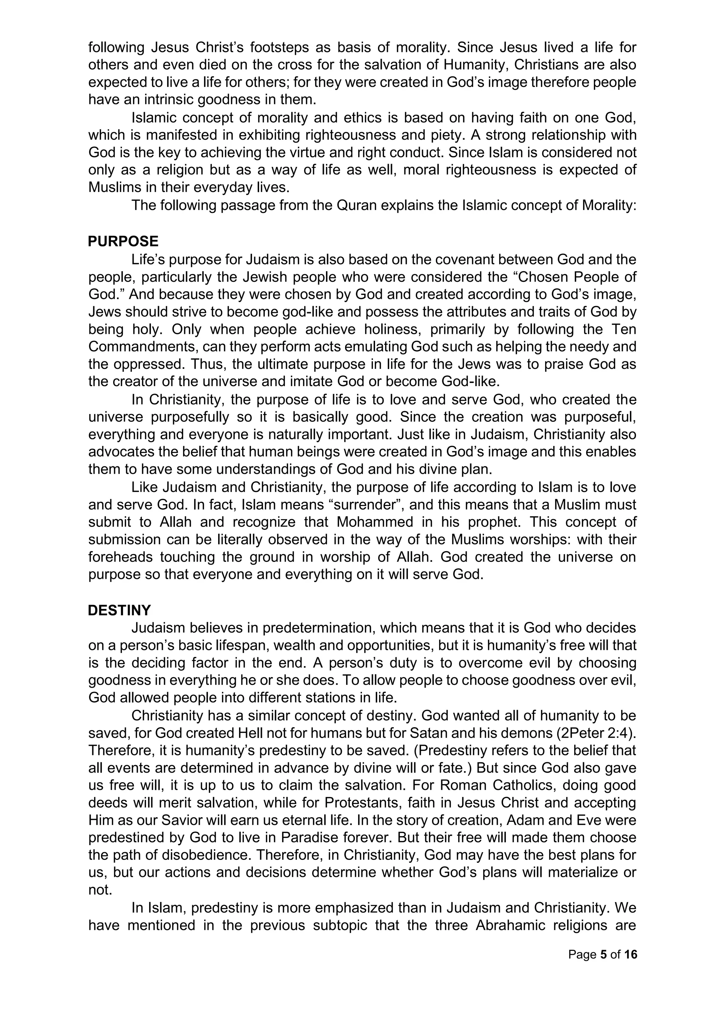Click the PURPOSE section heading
click(x=123, y=242)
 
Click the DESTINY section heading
click(x=119, y=610)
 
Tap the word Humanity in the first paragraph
click(x=475, y=65)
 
